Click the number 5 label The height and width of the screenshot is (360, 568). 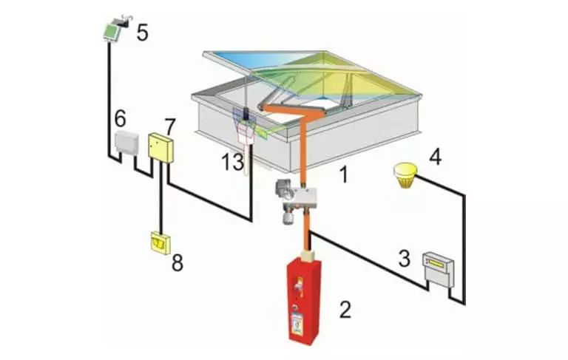(142, 33)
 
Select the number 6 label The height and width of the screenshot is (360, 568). (121, 118)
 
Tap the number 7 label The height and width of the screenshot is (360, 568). (170, 126)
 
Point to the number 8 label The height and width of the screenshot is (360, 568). (177, 262)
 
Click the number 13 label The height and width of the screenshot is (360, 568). (233, 162)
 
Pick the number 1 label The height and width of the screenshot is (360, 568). (343, 174)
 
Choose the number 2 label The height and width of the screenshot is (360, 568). (345, 310)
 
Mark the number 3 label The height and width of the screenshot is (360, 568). (405, 259)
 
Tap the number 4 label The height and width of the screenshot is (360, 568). (436, 157)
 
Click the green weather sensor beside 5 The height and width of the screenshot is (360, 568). (112, 31)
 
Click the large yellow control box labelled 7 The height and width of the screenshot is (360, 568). (160, 148)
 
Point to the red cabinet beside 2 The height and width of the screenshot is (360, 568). (303, 299)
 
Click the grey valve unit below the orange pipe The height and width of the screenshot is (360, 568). (296, 201)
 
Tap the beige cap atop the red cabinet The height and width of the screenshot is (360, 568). (309, 254)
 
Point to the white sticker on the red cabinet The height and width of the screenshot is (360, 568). (299, 322)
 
